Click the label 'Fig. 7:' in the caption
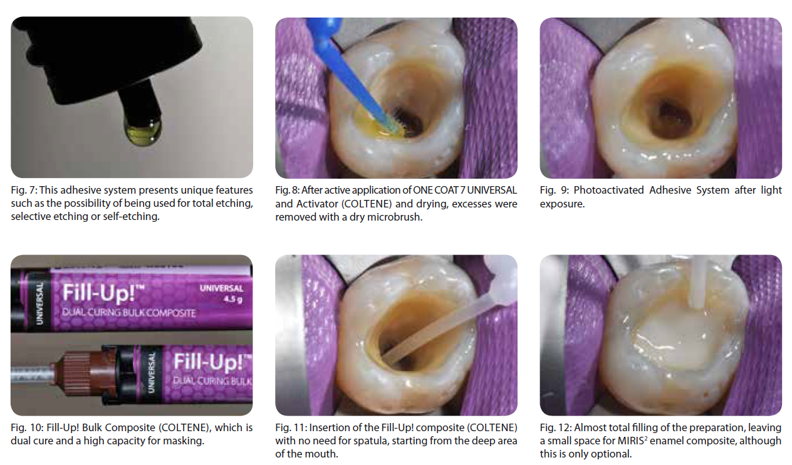(x=24, y=191)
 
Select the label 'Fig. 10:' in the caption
(x=27, y=428)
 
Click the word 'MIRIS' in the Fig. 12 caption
(x=630, y=441)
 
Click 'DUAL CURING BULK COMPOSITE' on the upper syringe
(x=128, y=313)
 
